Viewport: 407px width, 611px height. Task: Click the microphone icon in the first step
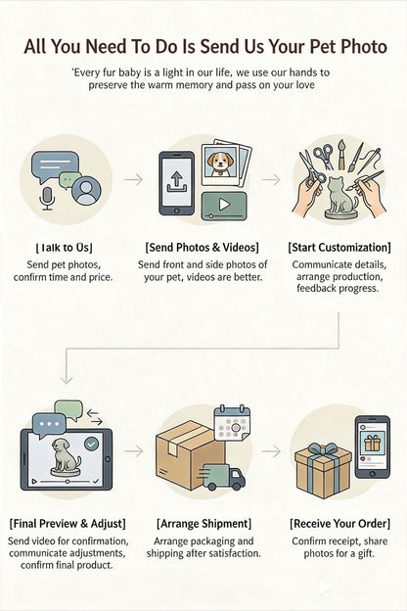47,198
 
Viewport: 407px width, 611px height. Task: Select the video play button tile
224,206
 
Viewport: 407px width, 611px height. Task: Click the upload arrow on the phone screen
177,181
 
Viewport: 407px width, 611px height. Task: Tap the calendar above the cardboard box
233,423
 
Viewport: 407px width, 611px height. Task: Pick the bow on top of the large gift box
322,451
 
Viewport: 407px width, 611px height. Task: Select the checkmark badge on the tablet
92,444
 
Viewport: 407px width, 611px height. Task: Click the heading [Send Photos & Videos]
203,247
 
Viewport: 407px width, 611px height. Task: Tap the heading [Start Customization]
339,247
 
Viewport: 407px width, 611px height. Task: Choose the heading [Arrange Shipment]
204,523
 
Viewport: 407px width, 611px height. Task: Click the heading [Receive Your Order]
340,523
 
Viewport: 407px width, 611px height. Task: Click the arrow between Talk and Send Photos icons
134,179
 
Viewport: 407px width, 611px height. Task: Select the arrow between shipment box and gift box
271,451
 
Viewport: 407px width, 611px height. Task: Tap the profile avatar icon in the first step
86,191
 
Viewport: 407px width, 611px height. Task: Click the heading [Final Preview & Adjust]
68,523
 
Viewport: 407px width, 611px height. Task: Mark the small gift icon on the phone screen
373,443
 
